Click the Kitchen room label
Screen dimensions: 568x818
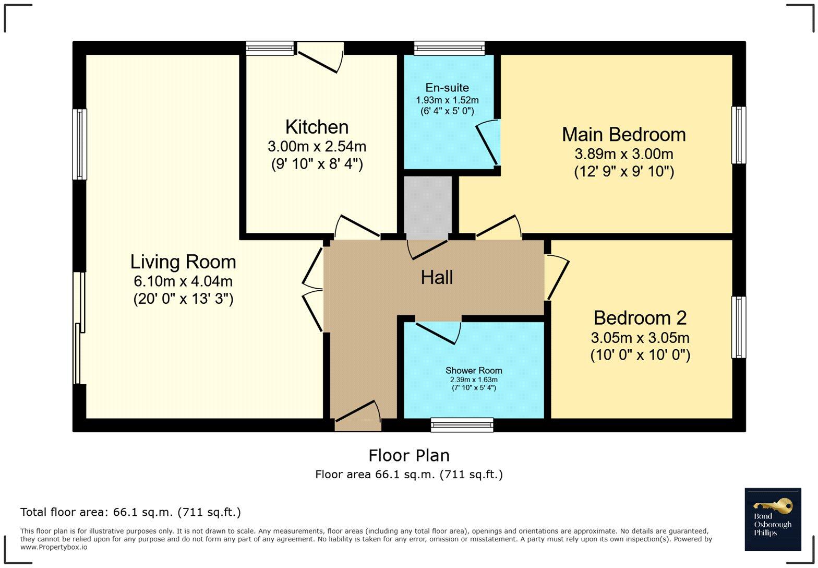point(317,127)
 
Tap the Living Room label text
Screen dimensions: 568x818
point(183,262)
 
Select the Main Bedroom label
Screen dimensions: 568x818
point(623,135)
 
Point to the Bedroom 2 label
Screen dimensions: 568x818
point(640,317)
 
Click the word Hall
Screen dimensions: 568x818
point(437,277)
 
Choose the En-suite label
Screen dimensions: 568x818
point(447,88)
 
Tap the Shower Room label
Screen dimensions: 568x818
point(474,371)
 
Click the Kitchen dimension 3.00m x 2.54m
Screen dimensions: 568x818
point(317,146)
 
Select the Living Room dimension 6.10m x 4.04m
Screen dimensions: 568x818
point(183,281)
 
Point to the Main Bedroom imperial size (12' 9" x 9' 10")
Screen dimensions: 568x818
point(623,172)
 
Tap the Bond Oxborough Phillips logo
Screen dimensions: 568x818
point(773,519)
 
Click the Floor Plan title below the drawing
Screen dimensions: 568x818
point(409,455)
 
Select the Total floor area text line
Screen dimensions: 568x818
point(130,512)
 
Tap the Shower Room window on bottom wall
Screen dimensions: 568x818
point(462,425)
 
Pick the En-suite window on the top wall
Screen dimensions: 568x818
point(449,48)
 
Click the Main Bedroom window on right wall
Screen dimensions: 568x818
point(738,135)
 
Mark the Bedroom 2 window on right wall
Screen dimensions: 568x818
point(738,327)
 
